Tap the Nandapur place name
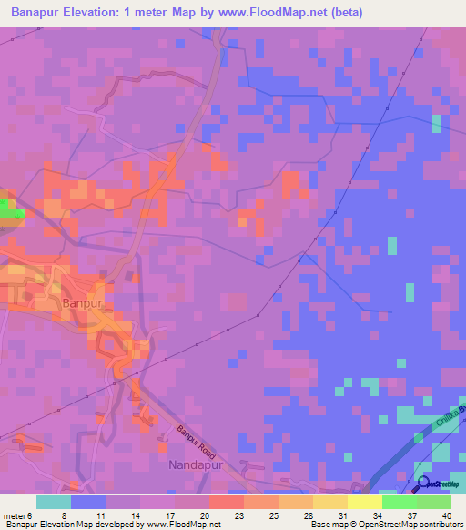(195, 465)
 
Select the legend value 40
(447, 515)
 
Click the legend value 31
(329, 515)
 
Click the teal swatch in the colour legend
(54, 502)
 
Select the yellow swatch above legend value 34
(364, 502)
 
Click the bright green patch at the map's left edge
(11, 209)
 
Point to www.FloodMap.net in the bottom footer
(183, 524)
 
